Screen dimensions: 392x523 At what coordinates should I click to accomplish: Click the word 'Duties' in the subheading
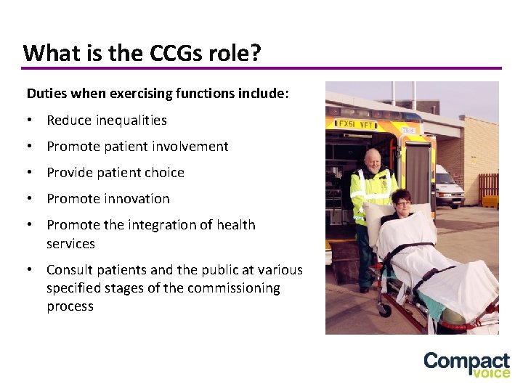(x=46, y=94)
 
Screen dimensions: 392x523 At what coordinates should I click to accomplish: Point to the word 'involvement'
(x=190, y=147)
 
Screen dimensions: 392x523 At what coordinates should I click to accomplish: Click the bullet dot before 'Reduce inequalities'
(x=30, y=121)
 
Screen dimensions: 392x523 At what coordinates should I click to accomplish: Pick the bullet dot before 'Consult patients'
(x=30, y=270)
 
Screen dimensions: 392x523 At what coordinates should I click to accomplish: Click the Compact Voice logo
(x=466, y=364)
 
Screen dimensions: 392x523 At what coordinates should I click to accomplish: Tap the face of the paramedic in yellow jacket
(x=372, y=159)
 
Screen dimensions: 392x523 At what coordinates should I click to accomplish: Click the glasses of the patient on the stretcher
(x=402, y=204)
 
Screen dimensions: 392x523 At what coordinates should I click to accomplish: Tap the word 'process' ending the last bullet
(x=70, y=306)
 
